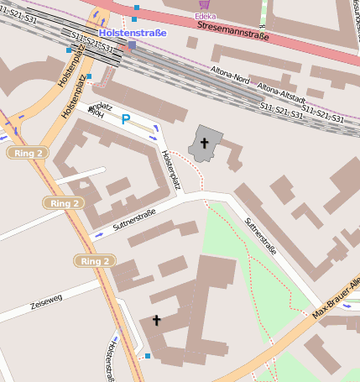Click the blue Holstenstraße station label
click(x=133, y=33)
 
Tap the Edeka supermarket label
click(x=204, y=16)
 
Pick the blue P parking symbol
click(x=126, y=120)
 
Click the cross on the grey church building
click(x=205, y=144)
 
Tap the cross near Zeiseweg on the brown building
click(x=156, y=320)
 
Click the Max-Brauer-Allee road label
click(x=336, y=301)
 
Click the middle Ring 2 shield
click(x=65, y=203)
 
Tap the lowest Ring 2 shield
click(x=95, y=261)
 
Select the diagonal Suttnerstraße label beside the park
click(x=259, y=236)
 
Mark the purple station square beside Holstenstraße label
click(x=131, y=44)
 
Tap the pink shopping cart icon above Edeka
click(x=204, y=4)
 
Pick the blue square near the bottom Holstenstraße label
click(x=148, y=357)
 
